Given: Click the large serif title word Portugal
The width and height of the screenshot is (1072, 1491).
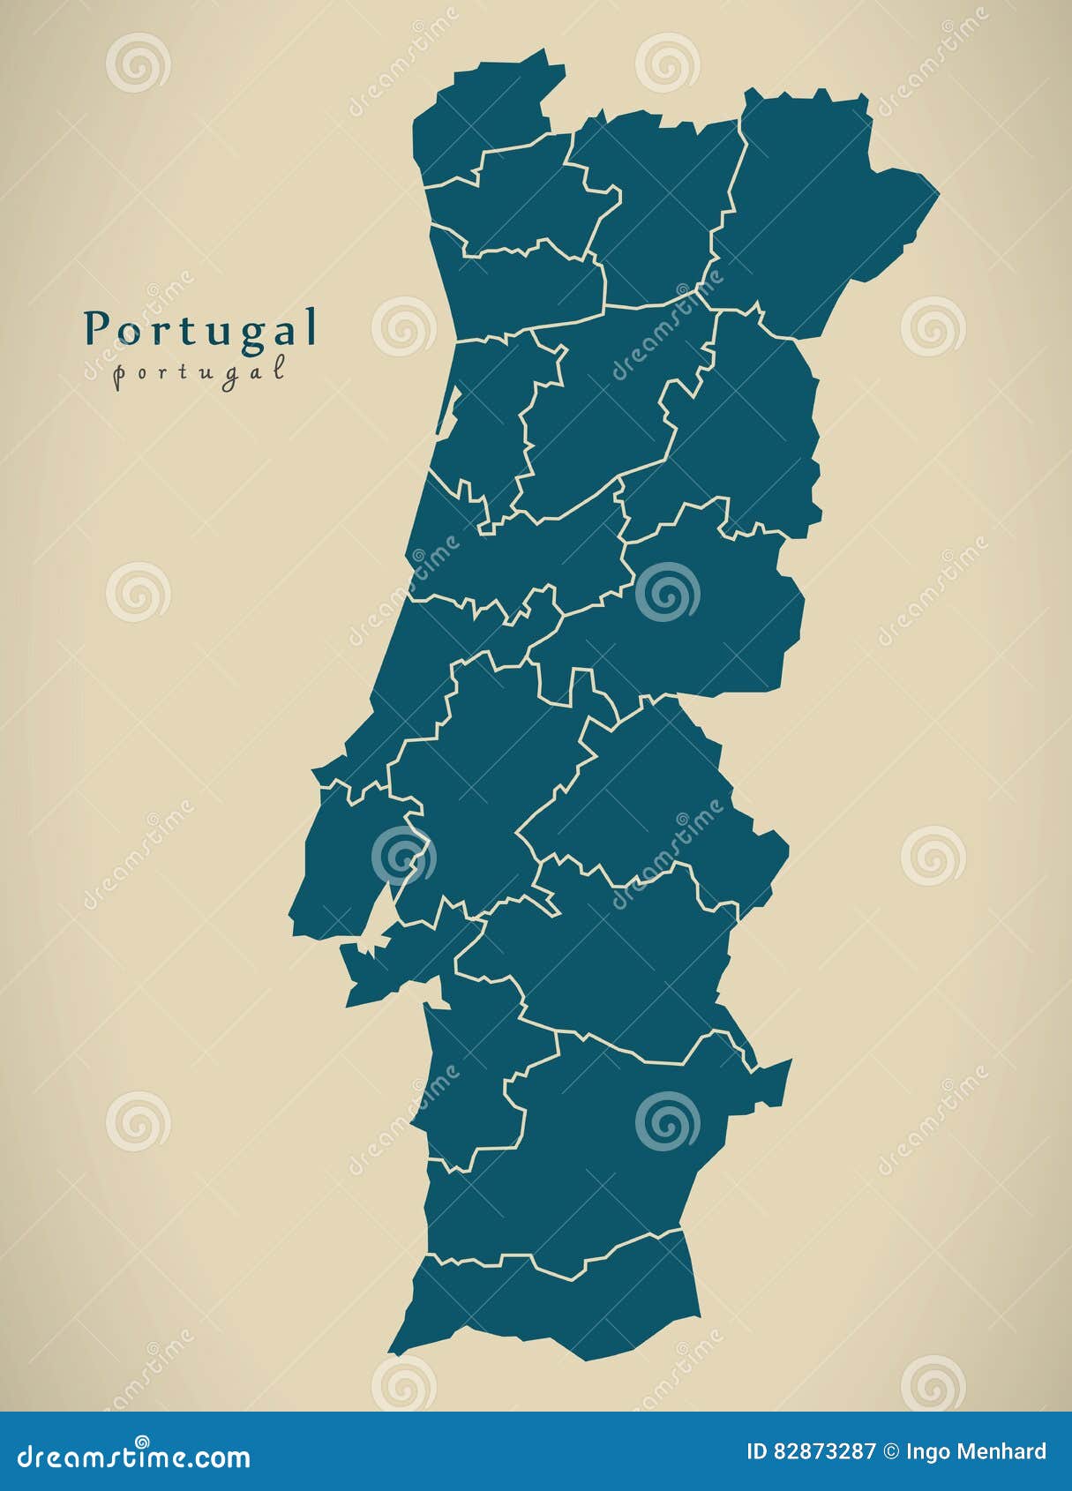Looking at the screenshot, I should pos(200,329).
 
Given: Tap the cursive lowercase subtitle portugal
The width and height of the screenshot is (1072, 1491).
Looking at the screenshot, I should pos(200,371).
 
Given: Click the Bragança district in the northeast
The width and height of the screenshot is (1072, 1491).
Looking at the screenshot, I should pos(812,212).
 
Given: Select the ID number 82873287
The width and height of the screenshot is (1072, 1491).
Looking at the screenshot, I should pos(825,1452).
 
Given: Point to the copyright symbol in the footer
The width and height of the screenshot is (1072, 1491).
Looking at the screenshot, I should pos(891,1452).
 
